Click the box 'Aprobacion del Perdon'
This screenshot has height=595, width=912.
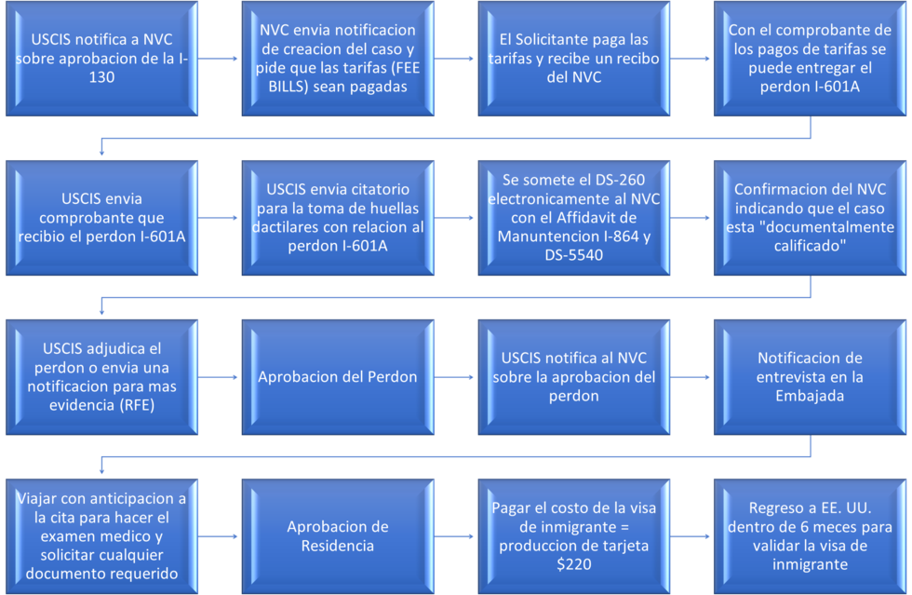(x=337, y=377)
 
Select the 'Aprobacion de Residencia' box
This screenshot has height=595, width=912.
(x=337, y=535)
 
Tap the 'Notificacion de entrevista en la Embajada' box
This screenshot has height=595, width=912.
(x=810, y=377)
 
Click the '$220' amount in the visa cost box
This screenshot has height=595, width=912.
(x=573, y=563)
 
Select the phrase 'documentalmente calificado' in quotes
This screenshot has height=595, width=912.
(x=810, y=237)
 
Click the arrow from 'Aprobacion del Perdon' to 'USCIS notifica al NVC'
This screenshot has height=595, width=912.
(x=455, y=377)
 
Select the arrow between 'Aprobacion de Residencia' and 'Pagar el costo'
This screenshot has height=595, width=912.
(x=455, y=536)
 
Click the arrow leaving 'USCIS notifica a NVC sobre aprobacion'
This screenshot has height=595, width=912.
(x=219, y=59)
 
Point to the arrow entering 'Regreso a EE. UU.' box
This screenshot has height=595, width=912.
(x=691, y=536)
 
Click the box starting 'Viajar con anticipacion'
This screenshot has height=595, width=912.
(x=101, y=535)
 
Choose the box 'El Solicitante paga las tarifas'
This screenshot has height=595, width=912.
(x=573, y=59)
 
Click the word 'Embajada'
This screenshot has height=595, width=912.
(x=810, y=396)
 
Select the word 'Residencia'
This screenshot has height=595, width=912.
(x=337, y=545)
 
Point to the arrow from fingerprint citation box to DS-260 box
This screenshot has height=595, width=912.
(x=455, y=218)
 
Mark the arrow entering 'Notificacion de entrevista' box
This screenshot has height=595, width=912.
(x=691, y=377)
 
